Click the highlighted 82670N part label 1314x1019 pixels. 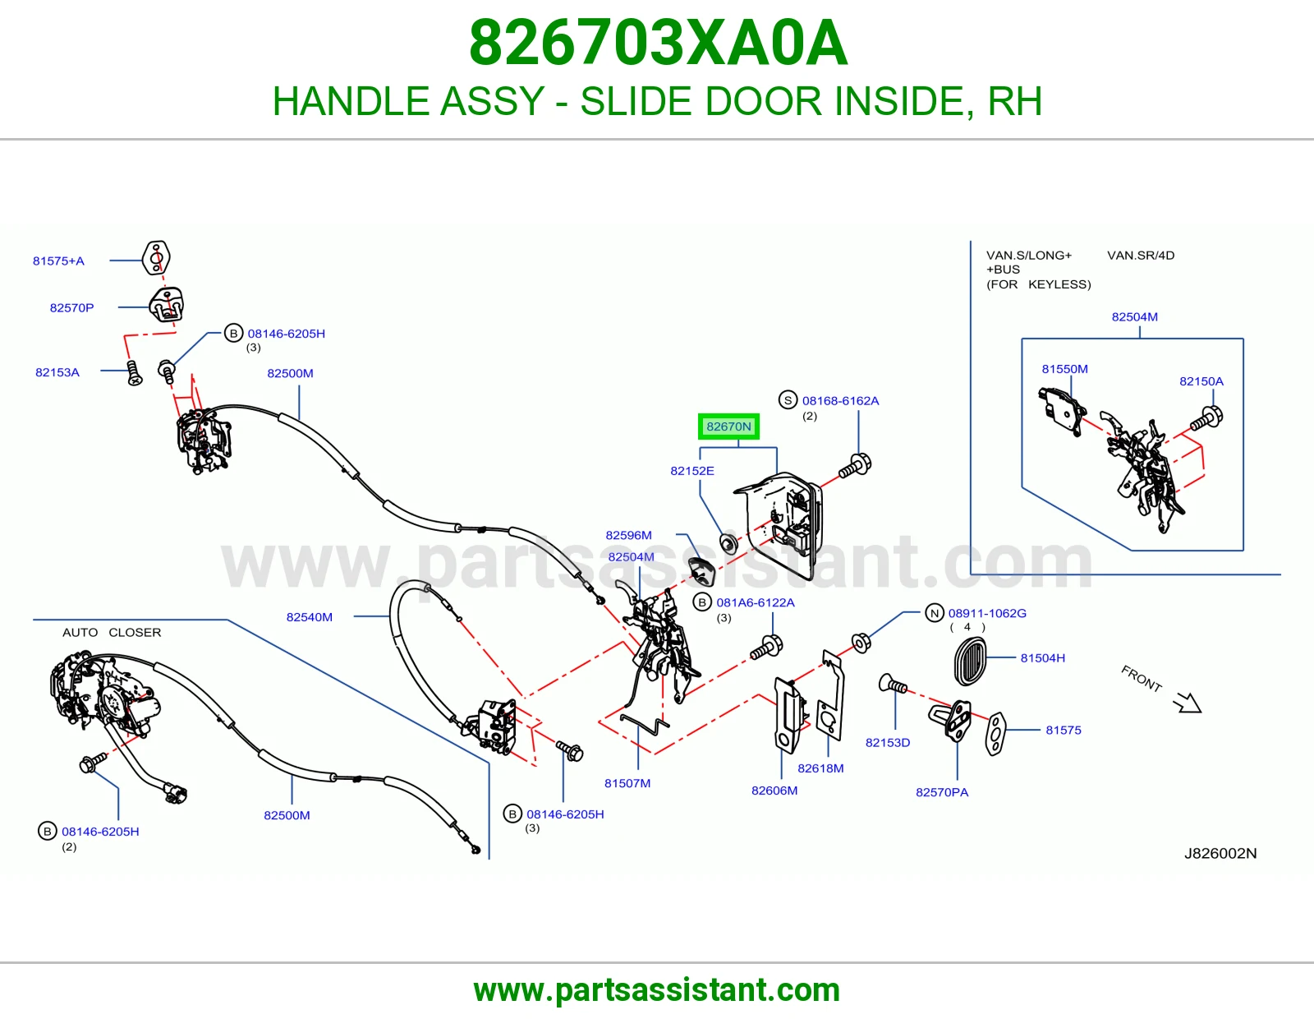[x=728, y=427]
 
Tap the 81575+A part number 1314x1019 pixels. [x=58, y=261]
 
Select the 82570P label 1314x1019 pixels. [x=72, y=307]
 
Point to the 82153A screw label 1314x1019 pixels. [x=57, y=372]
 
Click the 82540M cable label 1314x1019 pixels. [x=309, y=617]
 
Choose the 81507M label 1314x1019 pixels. [x=627, y=783]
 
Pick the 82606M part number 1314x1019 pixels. [x=774, y=791]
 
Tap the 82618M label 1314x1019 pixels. [x=820, y=768]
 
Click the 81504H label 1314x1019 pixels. [x=1043, y=657]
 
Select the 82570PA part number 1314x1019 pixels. [x=942, y=792]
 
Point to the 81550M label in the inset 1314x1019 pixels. [x=1065, y=368]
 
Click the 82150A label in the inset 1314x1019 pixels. [x=1201, y=381]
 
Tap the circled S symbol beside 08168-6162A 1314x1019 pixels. [x=788, y=400]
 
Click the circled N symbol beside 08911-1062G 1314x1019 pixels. [x=935, y=613]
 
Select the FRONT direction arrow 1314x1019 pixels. [x=1187, y=703]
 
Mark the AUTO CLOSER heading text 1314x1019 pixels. [x=112, y=632]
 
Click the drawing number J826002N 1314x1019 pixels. [x=1220, y=853]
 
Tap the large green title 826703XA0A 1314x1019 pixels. [x=658, y=43]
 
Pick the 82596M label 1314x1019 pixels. [x=629, y=535]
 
